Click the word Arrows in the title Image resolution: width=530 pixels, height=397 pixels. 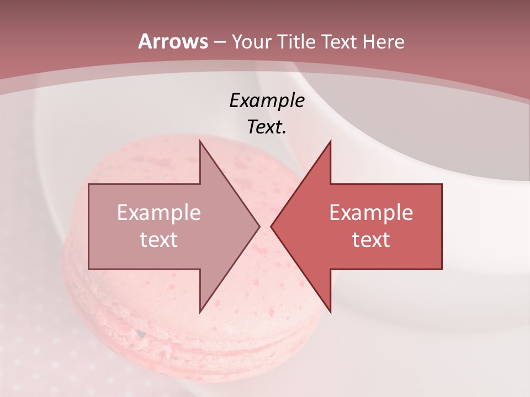[x=173, y=41]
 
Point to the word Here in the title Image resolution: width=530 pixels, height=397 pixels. [x=383, y=42]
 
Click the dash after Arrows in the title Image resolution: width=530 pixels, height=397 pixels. [x=219, y=42]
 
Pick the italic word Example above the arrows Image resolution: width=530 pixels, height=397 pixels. [x=267, y=100]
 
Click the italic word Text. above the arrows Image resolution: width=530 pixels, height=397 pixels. [x=267, y=127]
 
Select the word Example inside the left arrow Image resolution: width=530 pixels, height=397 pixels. [x=159, y=213]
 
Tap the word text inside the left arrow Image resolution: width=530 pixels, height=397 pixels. [x=159, y=239]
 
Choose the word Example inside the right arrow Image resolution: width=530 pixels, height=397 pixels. [x=371, y=213]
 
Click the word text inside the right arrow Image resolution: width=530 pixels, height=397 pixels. [x=371, y=239]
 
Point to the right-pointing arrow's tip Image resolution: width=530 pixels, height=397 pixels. [x=258, y=226]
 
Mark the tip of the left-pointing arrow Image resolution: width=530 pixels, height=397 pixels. [x=272, y=226]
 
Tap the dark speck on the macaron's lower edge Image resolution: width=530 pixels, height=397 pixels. [x=141, y=334]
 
